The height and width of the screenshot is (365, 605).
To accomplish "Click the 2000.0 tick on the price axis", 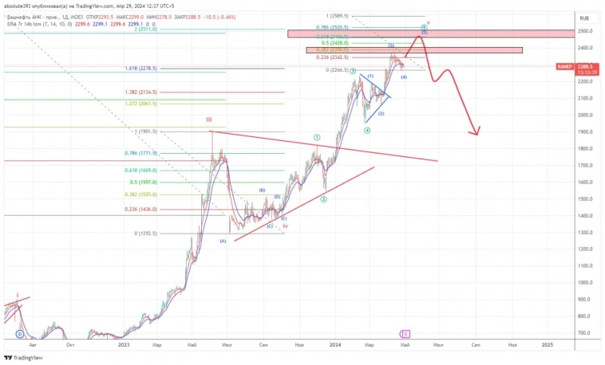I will pyautogui.click(x=585, y=115).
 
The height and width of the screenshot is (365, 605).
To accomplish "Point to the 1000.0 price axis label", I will pyautogui.click(x=585, y=282).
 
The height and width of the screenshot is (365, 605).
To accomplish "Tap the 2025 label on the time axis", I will pyautogui.click(x=548, y=344).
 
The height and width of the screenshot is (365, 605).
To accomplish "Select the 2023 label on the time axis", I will pyautogui.click(x=123, y=344).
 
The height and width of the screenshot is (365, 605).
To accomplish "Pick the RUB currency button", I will pyautogui.click(x=584, y=16).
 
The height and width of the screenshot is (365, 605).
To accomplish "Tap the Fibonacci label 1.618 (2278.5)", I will pyautogui.click(x=141, y=69).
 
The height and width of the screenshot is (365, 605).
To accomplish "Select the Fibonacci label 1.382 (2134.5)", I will pyautogui.click(x=141, y=92).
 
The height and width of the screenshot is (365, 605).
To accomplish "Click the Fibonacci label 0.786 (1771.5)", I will pyautogui.click(x=141, y=153).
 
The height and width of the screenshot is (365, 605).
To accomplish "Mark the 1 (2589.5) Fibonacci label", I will pyautogui.click(x=338, y=16).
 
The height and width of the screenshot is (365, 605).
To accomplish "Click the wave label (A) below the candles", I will pyautogui.click(x=223, y=241).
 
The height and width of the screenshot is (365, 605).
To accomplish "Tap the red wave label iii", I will pyautogui.click(x=209, y=120).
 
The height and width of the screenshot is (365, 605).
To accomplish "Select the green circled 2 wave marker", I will pyautogui.click(x=324, y=199).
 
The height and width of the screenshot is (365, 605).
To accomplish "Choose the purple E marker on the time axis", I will pyautogui.click(x=406, y=333).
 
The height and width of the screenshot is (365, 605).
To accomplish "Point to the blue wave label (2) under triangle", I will pyautogui.click(x=382, y=114).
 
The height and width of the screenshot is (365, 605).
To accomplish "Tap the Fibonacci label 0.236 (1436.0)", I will pyautogui.click(x=141, y=210).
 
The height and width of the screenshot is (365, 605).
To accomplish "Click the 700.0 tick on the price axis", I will pyautogui.click(x=585, y=332).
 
